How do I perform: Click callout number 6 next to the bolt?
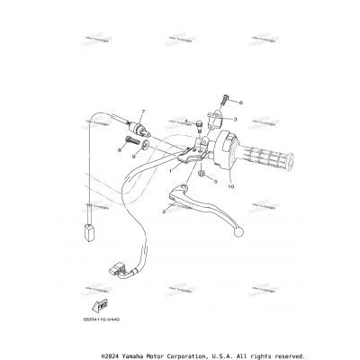240,103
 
